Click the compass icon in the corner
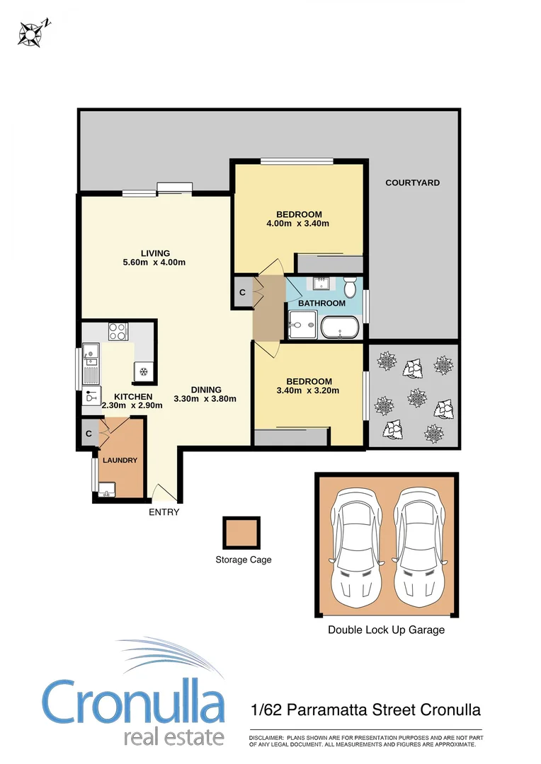pos(31,32)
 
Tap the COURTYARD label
pos(412,183)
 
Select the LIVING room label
pos(154,253)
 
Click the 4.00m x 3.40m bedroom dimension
pos(299,224)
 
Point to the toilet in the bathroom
pos(350,288)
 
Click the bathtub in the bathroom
pos(340,328)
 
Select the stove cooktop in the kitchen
pos(117,331)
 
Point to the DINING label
pos(206,389)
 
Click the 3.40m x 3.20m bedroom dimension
pos(308,390)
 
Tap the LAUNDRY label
pos(120,461)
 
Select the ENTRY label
pos(164,512)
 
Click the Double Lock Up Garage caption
pos(386,630)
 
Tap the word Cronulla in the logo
pos(133,703)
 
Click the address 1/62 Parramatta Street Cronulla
pos(366,710)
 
